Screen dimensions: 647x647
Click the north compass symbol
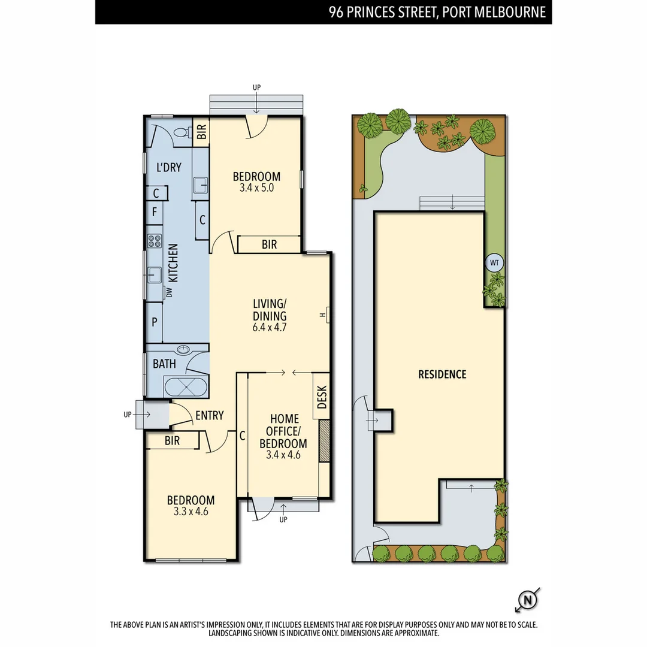click(x=527, y=599)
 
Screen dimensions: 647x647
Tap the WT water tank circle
click(x=494, y=262)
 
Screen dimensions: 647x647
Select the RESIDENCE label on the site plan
click(x=442, y=374)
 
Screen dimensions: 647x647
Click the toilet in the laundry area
click(x=179, y=133)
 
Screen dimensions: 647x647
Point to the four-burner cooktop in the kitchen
click(x=155, y=241)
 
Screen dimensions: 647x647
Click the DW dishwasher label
click(x=169, y=292)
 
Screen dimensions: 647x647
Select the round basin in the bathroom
click(x=184, y=350)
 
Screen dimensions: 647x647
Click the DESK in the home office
click(x=322, y=396)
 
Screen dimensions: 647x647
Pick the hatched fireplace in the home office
click(x=325, y=441)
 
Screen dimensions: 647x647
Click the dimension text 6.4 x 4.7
click(x=270, y=327)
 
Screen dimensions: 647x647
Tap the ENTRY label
click(x=209, y=415)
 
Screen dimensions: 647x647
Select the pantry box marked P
click(x=155, y=322)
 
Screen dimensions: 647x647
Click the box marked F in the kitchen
click(x=155, y=211)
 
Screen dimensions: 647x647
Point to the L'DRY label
click(x=168, y=168)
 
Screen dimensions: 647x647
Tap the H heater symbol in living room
click(x=324, y=315)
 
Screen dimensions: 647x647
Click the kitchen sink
click(x=153, y=276)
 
